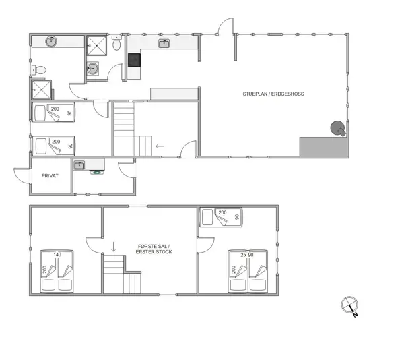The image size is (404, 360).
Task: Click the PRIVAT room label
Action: point(50,175)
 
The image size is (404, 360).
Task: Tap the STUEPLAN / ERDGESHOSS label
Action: point(273,94)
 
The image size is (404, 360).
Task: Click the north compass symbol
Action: point(348,305)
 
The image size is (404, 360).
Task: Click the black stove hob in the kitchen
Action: point(134,60)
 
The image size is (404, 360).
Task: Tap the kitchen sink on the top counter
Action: point(164,44)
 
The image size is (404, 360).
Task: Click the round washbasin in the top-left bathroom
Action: point(51,42)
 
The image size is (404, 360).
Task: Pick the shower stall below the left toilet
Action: point(39,90)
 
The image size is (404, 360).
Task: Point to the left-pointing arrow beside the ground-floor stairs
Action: point(160,145)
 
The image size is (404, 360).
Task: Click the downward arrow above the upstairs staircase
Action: point(113,247)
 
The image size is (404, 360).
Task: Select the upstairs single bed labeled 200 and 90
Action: point(222,216)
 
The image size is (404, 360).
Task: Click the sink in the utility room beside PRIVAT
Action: point(79,164)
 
